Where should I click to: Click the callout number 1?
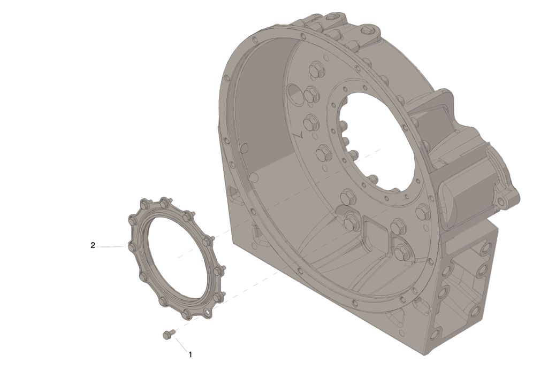(x=190, y=354)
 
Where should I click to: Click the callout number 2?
(x=93, y=245)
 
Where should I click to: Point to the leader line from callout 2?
(x=110, y=246)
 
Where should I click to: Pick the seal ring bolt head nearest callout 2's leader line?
(x=133, y=247)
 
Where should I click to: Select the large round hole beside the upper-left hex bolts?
(x=294, y=93)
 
